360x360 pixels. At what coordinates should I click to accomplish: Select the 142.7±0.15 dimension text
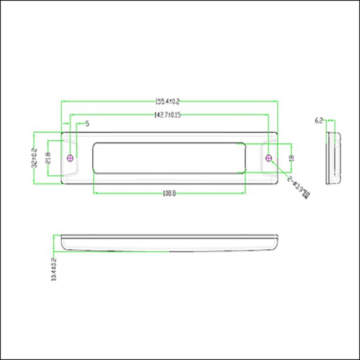pyautogui.click(x=167, y=115)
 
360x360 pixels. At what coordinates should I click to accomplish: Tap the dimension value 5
pyautogui.click(x=87, y=123)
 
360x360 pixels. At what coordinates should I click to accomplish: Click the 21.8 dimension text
pyautogui.click(x=48, y=158)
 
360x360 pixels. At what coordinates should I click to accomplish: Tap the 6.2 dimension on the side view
pyautogui.click(x=319, y=120)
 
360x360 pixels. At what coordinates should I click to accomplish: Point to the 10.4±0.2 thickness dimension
pyautogui.click(x=54, y=269)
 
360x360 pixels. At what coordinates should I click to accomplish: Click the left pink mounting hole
pyautogui.click(x=70, y=157)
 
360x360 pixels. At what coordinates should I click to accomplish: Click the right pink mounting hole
pyautogui.click(x=269, y=157)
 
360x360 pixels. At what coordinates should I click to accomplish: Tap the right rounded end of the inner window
pyautogui.click(x=245, y=157)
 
